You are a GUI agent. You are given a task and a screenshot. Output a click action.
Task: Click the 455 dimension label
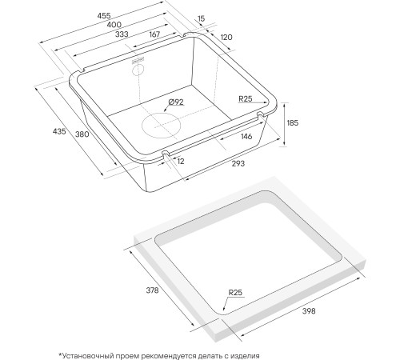(x=104, y=16)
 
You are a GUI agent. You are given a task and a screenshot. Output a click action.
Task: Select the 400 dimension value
(x=114, y=25)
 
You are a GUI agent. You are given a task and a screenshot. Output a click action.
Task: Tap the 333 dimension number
(x=122, y=34)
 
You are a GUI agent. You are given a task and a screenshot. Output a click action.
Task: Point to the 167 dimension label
(x=154, y=34)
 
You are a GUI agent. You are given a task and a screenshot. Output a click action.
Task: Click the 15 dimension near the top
(x=201, y=18)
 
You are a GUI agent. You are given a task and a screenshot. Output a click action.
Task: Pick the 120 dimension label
(x=226, y=37)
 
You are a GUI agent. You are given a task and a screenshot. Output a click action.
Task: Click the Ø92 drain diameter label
(x=176, y=102)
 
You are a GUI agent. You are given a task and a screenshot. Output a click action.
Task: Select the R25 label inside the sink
(x=245, y=99)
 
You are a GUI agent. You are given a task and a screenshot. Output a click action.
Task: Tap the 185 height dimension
(x=293, y=123)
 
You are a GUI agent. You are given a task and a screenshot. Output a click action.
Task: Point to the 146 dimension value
(x=246, y=137)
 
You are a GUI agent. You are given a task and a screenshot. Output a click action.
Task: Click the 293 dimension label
(x=238, y=163)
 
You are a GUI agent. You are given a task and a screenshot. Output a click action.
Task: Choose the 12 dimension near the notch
(x=181, y=162)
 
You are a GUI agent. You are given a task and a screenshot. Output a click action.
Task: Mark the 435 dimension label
(x=59, y=131)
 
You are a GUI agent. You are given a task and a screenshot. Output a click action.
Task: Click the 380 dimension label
(x=82, y=134)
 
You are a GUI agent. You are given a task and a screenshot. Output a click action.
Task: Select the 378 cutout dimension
(x=152, y=290)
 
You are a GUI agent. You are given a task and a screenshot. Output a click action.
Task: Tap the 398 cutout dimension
(x=309, y=310)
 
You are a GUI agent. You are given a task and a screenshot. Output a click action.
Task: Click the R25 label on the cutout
(x=235, y=293)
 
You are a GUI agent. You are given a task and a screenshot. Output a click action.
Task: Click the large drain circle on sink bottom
(x=162, y=126)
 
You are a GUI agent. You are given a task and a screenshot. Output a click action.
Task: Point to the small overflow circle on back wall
(x=138, y=70)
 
